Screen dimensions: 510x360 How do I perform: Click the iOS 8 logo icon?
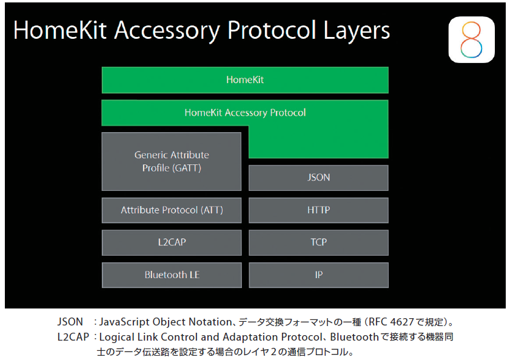pyautogui.click(x=471, y=39)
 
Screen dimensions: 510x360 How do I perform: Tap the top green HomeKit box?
pyautogui.click(x=245, y=80)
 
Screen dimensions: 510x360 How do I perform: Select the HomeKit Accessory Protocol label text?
pyautogui.click(x=245, y=113)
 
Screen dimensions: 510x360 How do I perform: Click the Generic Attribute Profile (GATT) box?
pyautogui.click(x=172, y=161)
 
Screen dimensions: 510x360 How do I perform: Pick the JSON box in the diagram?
pyautogui.click(x=318, y=178)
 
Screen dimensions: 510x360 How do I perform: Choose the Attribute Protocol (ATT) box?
pyautogui.click(x=172, y=210)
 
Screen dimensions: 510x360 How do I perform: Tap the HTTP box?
pyautogui.click(x=318, y=210)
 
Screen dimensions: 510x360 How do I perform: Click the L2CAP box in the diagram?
pyautogui.click(x=172, y=242)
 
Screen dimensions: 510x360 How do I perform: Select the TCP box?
pyautogui.click(x=318, y=242)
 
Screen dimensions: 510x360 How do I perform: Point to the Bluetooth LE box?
pyautogui.click(x=172, y=275)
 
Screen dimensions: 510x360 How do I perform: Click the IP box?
pyautogui.click(x=318, y=275)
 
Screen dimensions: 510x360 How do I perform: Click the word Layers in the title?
pyautogui.click(x=357, y=31)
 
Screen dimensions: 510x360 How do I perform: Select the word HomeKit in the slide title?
pyautogui.click(x=60, y=30)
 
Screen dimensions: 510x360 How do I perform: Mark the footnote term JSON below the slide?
pyautogui.click(x=70, y=322)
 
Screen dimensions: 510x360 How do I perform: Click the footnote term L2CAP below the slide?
pyautogui.click(x=73, y=337)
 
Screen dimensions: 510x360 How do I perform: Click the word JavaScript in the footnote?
pyautogui.click(x=124, y=322)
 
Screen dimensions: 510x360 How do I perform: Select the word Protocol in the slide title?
pyautogui.click(x=272, y=30)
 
